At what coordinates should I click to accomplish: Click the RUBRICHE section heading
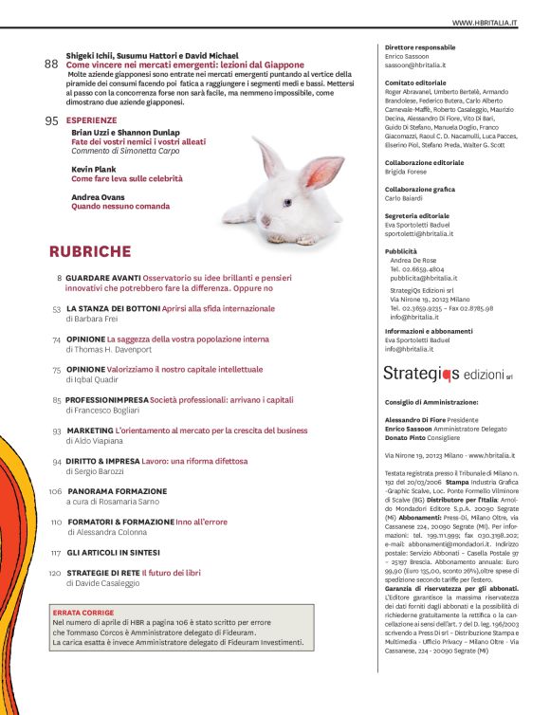[x=90, y=251]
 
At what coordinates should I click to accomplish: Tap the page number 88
[x=52, y=64]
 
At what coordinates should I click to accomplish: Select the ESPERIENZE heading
[x=93, y=121]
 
